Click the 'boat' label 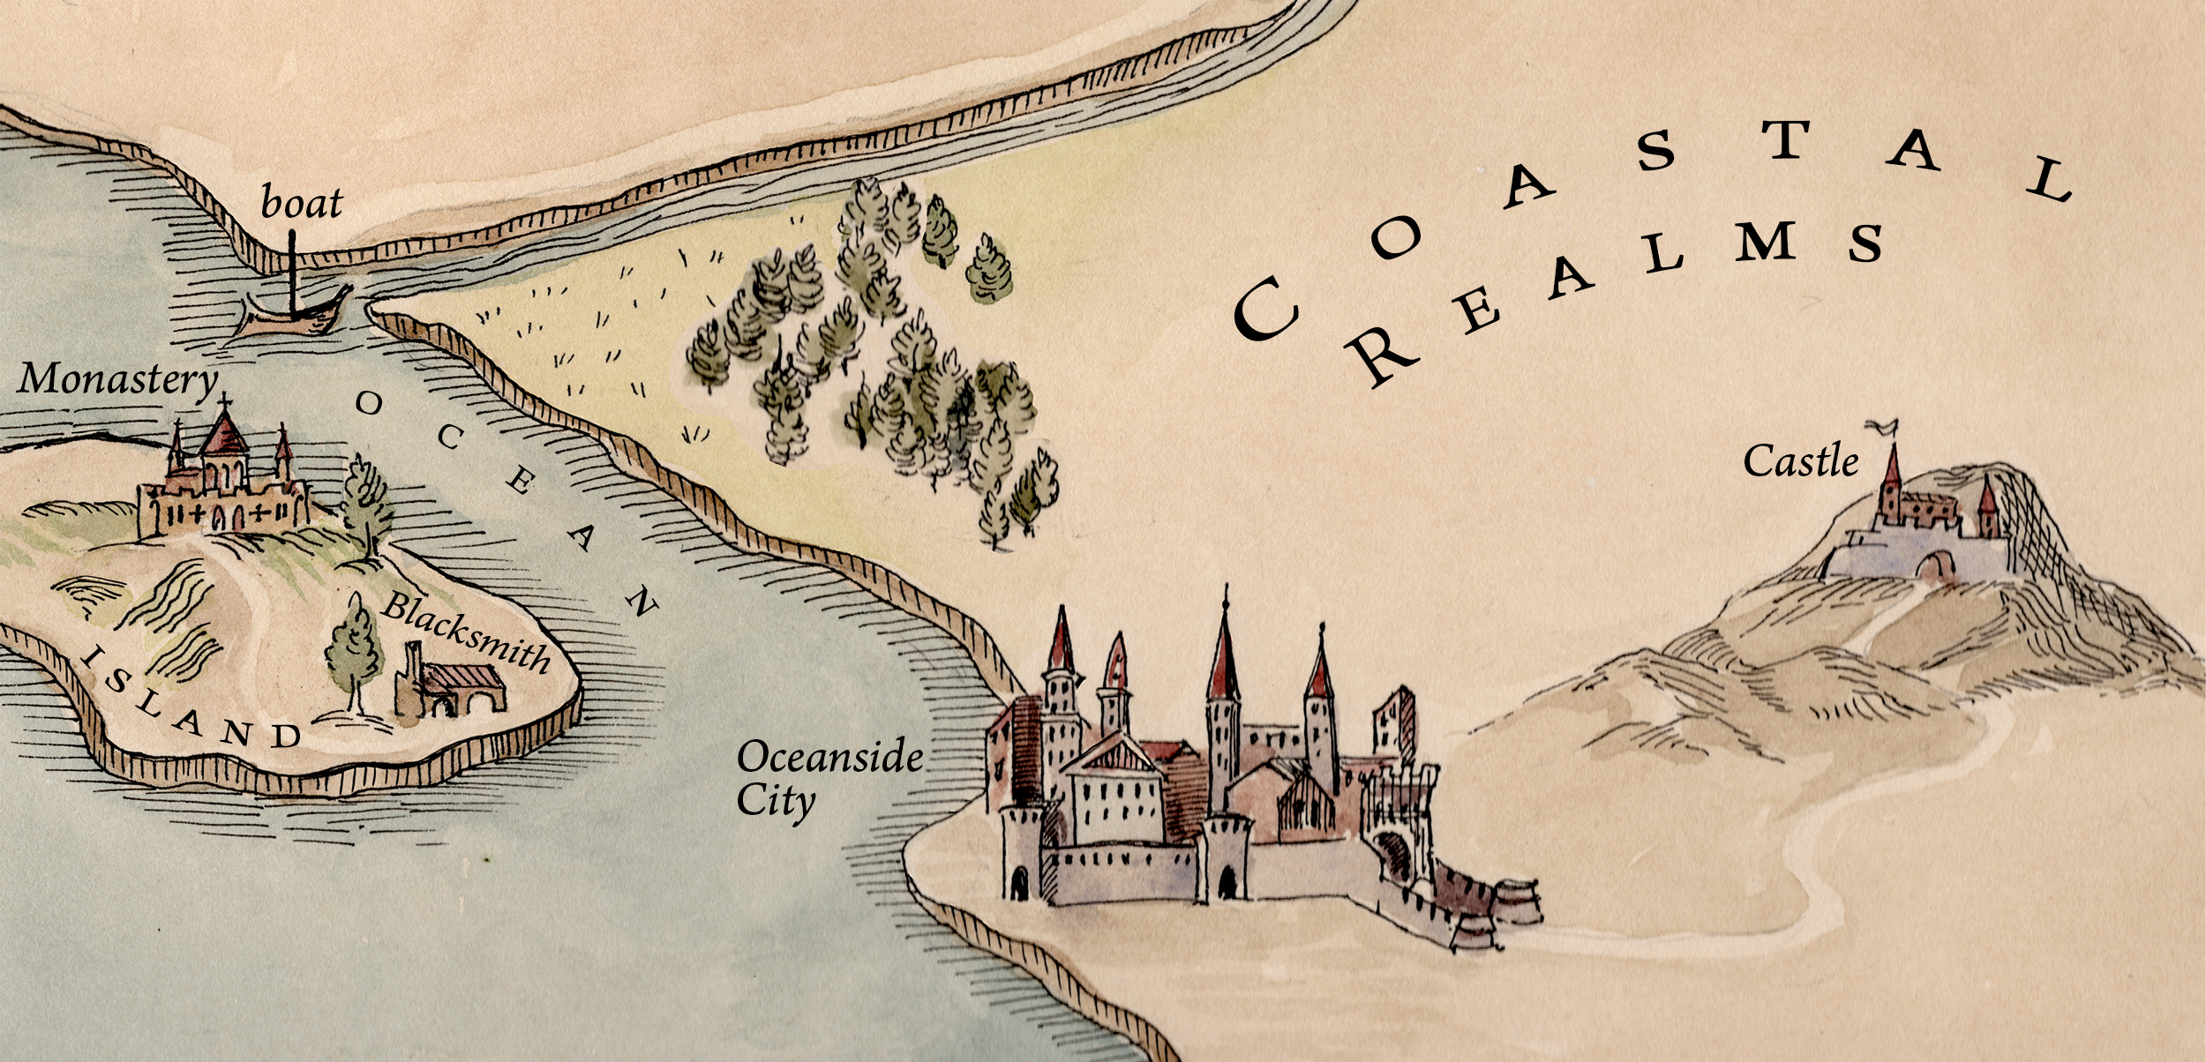(302, 204)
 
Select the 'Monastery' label (118, 379)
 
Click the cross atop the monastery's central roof (225, 404)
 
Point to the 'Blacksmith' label (467, 632)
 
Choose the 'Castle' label (1800, 461)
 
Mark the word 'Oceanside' (829, 757)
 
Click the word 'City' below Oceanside (776, 801)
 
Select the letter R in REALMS (1387, 362)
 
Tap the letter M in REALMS (1765, 240)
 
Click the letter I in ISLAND (92, 656)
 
